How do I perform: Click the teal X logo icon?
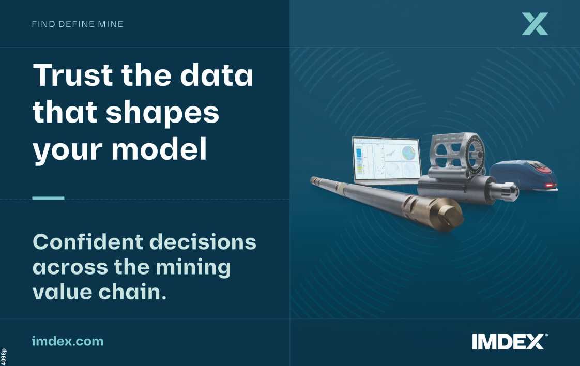point(535,24)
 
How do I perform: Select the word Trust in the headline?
point(73,75)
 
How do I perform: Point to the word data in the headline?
point(217,75)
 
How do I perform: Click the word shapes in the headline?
point(163,114)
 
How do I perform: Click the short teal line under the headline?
point(48,198)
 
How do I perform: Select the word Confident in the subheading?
point(88,242)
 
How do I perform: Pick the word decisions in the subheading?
point(203,242)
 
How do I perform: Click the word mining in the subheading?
point(193,268)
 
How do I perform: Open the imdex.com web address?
point(68,341)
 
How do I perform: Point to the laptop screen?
point(387,160)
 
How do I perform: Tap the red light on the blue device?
point(550,185)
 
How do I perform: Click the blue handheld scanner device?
point(523,176)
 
